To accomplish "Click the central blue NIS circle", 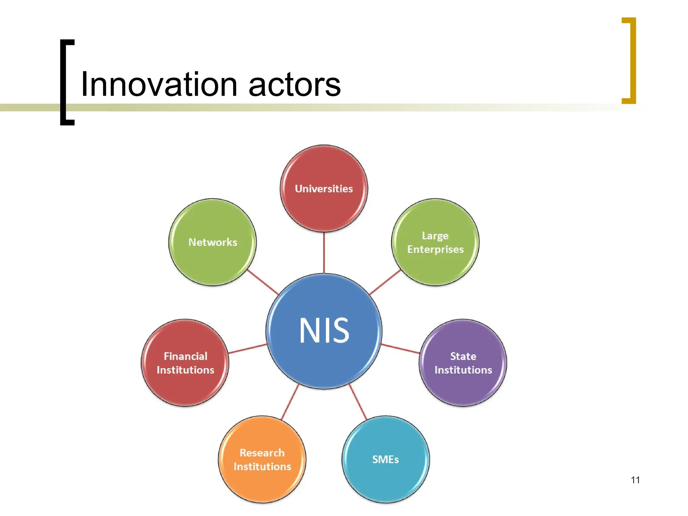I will (x=324, y=331).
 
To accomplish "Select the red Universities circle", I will (x=324, y=188).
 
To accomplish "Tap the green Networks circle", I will (x=212, y=242).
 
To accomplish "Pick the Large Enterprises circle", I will (x=435, y=242).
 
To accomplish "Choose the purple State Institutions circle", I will (x=463, y=363).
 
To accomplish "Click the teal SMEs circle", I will (x=386, y=459).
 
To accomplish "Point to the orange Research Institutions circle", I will (x=262, y=459).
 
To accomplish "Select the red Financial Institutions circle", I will (x=185, y=363).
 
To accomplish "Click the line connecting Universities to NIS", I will (x=324, y=253).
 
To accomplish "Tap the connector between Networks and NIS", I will (x=263, y=282).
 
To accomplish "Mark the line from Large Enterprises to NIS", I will (x=385, y=282).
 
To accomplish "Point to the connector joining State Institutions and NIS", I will (x=400, y=348).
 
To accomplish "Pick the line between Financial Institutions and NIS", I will (x=248, y=348).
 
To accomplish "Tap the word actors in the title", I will (x=295, y=85).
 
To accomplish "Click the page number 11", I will (x=635, y=480).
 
